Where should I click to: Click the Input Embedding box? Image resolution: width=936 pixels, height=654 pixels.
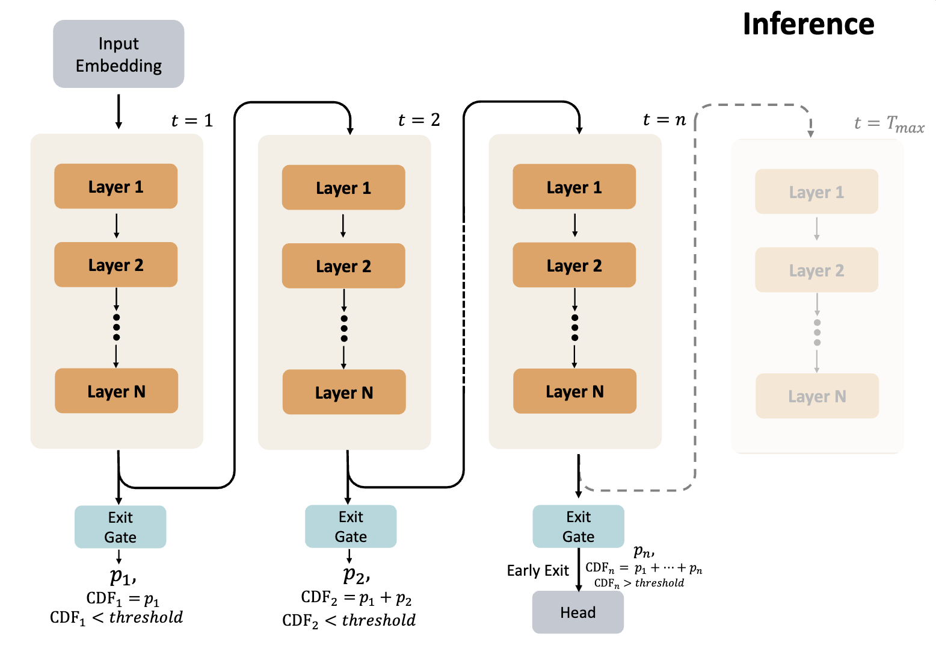click(x=119, y=54)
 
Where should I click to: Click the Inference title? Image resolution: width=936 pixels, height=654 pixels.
click(x=808, y=25)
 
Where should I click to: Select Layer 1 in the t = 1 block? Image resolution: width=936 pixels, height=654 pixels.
click(x=116, y=187)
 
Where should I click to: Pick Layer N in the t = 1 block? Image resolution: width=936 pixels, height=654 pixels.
click(x=116, y=391)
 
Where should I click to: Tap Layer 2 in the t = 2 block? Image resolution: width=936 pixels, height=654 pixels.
click(x=343, y=266)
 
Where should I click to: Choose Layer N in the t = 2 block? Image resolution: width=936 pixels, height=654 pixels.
click(x=344, y=393)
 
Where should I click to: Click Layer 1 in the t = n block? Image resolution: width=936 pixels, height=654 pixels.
click(x=574, y=187)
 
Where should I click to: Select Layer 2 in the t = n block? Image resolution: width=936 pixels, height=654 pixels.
click(x=574, y=266)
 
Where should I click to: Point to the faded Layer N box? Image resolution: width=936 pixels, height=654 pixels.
click(x=817, y=396)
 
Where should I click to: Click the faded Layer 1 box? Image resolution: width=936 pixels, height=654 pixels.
click(x=816, y=192)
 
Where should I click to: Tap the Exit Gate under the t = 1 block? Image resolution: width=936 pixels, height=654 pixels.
click(x=120, y=527)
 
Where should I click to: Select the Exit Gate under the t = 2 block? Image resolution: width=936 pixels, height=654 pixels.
click(x=351, y=526)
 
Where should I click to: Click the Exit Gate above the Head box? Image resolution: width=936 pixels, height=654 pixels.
click(x=578, y=526)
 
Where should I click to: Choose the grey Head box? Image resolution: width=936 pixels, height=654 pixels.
click(x=577, y=612)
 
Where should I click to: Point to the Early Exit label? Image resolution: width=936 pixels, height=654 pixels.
click(x=537, y=570)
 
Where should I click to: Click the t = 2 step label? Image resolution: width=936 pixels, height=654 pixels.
click(x=419, y=120)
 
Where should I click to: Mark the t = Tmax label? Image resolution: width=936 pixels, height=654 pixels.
click(x=888, y=124)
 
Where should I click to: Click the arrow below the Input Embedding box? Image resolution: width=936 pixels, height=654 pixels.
click(x=119, y=111)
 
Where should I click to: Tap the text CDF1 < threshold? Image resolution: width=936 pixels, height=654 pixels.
click(x=116, y=617)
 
